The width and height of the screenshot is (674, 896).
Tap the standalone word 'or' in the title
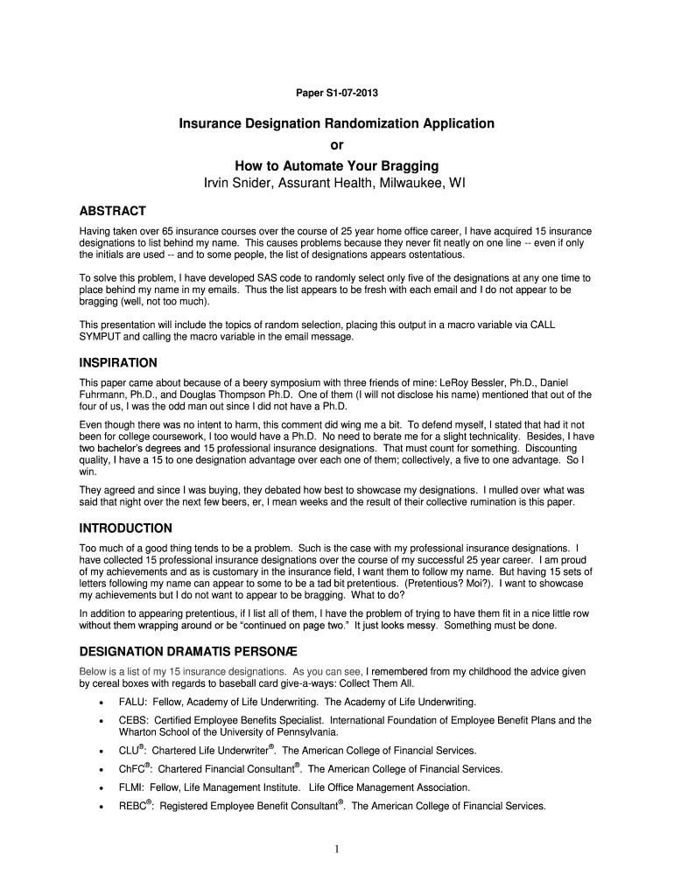[x=337, y=145]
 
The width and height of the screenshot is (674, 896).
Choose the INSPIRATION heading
[x=118, y=362]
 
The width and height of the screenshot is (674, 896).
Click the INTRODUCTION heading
[x=125, y=528]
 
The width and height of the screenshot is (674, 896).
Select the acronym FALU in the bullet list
[x=133, y=702]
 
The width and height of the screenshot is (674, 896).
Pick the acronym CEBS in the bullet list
[x=134, y=720]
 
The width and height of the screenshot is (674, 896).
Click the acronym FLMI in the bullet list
[x=132, y=787]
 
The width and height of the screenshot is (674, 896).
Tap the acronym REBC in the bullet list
[x=134, y=806]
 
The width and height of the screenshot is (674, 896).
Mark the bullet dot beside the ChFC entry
[x=104, y=770]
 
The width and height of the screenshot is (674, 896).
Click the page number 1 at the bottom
[x=336, y=849]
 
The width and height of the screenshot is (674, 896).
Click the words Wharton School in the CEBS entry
[x=153, y=732]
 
